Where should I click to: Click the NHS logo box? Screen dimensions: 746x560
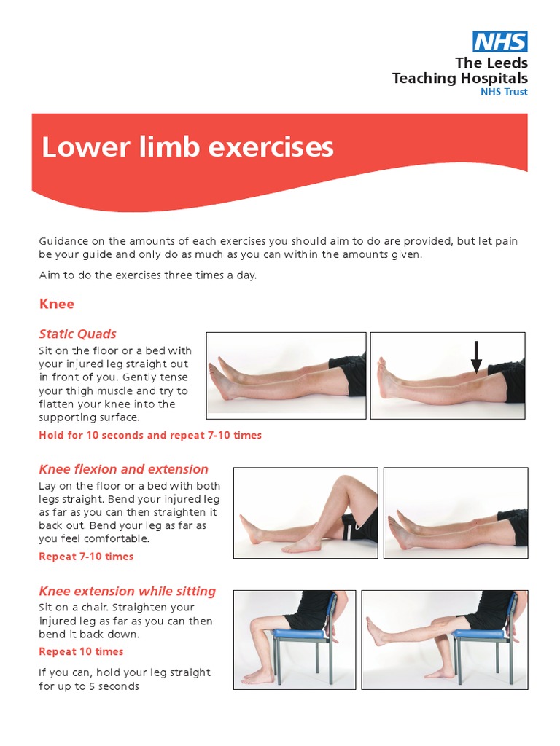[499, 42]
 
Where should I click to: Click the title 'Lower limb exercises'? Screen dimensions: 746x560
[187, 147]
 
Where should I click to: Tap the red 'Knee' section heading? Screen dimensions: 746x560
[56, 303]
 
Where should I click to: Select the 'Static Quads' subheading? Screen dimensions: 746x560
[77, 334]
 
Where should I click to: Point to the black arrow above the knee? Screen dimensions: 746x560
[476, 357]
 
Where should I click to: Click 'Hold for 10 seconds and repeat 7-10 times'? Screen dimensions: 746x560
[149, 435]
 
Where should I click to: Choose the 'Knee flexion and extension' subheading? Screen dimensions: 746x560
[123, 469]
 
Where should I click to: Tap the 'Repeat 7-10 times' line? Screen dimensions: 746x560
[86, 556]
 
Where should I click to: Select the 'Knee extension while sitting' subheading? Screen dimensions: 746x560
[127, 591]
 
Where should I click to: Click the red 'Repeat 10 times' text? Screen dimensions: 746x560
[81, 651]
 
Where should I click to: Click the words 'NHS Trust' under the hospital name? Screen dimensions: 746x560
[504, 92]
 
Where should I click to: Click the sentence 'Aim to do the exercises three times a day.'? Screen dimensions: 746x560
[147, 275]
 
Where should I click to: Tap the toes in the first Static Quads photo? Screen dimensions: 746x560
[219, 372]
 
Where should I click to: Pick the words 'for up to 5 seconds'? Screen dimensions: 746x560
[88, 686]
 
